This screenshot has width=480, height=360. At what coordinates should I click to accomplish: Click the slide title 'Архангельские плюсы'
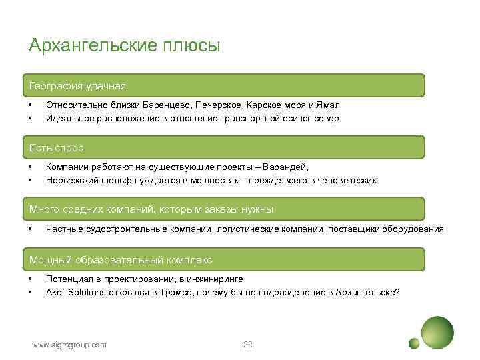(x=124, y=46)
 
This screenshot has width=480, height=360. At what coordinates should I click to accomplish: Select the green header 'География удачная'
(x=77, y=86)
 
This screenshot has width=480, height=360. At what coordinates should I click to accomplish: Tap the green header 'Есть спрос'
(x=57, y=147)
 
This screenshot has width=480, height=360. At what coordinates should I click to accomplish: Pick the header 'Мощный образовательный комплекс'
(x=121, y=259)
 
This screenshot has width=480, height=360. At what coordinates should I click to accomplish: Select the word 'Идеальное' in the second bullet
(x=67, y=118)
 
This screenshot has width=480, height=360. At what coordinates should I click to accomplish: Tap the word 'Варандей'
(x=287, y=167)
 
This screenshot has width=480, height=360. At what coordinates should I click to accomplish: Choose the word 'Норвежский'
(x=70, y=180)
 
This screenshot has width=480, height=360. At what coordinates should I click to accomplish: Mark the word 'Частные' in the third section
(x=63, y=229)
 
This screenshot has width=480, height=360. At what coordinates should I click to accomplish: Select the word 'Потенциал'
(x=69, y=279)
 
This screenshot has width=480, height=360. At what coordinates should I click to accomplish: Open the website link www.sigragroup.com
(x=69, y=344)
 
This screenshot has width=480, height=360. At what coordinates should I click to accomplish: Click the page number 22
(x=248, y=344)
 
